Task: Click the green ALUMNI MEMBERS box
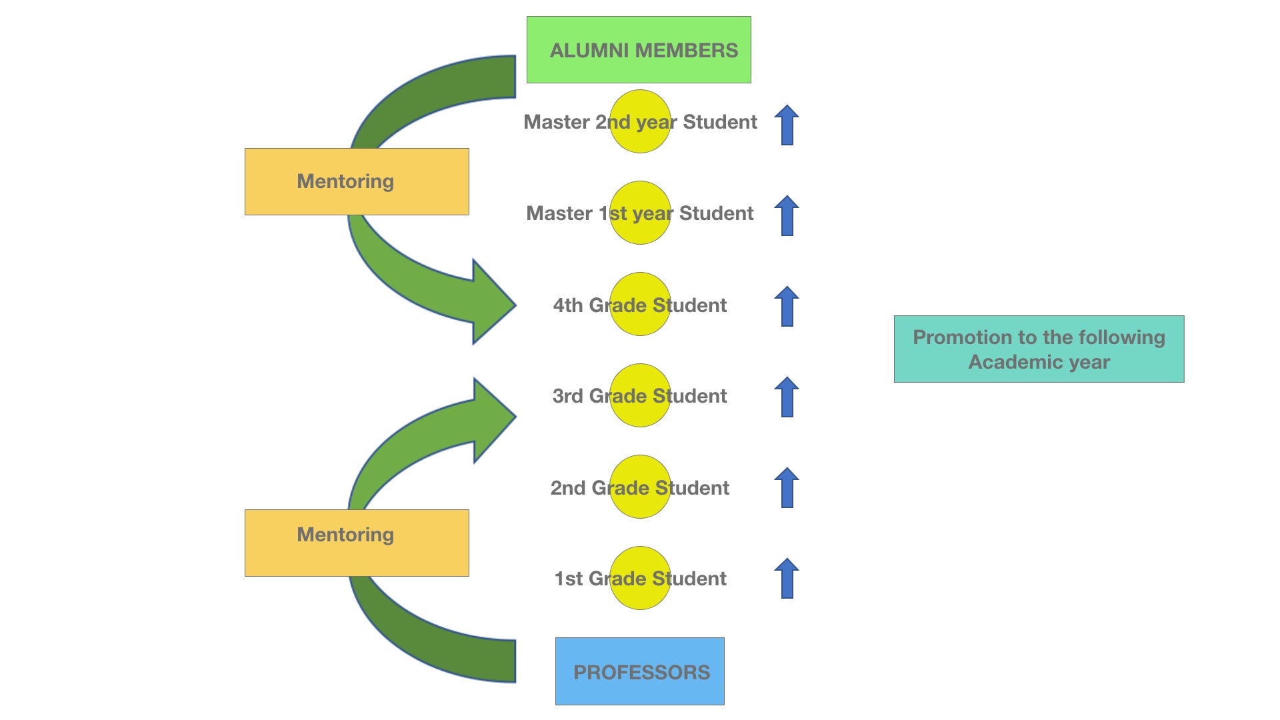pyautogui.click(x=639, y=50)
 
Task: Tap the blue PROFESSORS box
pyautogui.click(x=639, y=671)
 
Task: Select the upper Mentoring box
pyautogui.click(x=357, y=181)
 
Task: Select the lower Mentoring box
pyautogui.click(x=357, y=543)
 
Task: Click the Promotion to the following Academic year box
pyautogui.click(x=1039, y=349)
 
